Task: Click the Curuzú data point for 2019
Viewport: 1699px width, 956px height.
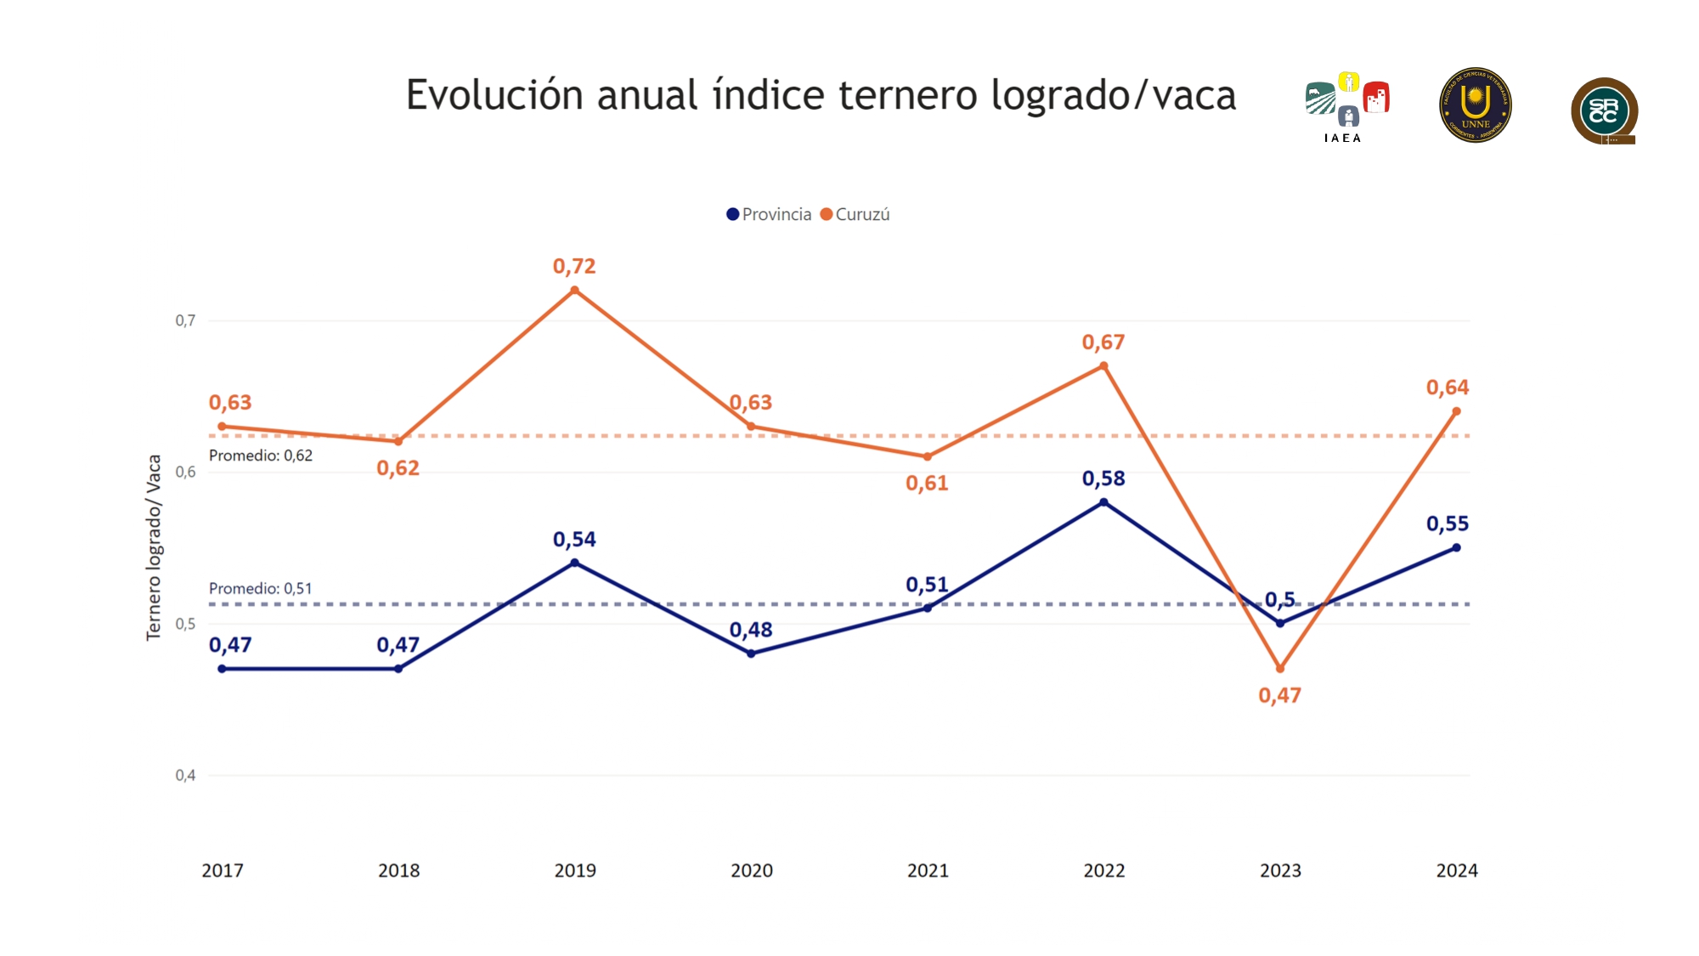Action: click(x=575, y=291)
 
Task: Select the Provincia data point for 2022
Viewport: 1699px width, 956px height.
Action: click(x=1104, y=502)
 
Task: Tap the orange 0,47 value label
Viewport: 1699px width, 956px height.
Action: click(x=1279, y=696)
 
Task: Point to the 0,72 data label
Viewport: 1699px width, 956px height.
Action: click(x=574, y=267)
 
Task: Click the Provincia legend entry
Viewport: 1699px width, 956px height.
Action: click(x=769, y=215)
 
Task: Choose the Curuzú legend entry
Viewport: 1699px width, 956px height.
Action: click(x=855, y=215)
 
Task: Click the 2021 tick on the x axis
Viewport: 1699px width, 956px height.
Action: click(x=928, y=870)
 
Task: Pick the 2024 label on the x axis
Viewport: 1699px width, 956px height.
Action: click(x=1457, y=870)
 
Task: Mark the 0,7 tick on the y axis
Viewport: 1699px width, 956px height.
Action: click(x=185, y=320)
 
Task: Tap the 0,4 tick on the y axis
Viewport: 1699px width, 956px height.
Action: click(x=185, y=775)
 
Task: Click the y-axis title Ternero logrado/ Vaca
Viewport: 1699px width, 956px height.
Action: click(x=154, y=547)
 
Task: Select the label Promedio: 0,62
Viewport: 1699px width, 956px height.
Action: click(x=261, y=455)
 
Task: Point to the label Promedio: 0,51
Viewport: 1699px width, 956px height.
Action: click(x=261, y=588)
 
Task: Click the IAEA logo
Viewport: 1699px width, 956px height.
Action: click(x=1346, y=106)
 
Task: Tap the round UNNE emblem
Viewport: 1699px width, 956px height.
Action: click(x=1476, y=105)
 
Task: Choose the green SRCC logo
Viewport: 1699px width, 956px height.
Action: click(x=1604, y=111)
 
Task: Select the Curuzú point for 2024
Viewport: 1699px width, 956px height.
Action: click(x=1457, y=411)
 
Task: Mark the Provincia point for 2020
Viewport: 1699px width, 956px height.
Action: click(x=751, y=653)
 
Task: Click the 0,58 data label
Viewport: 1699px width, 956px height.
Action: click(x=1104, y=478)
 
